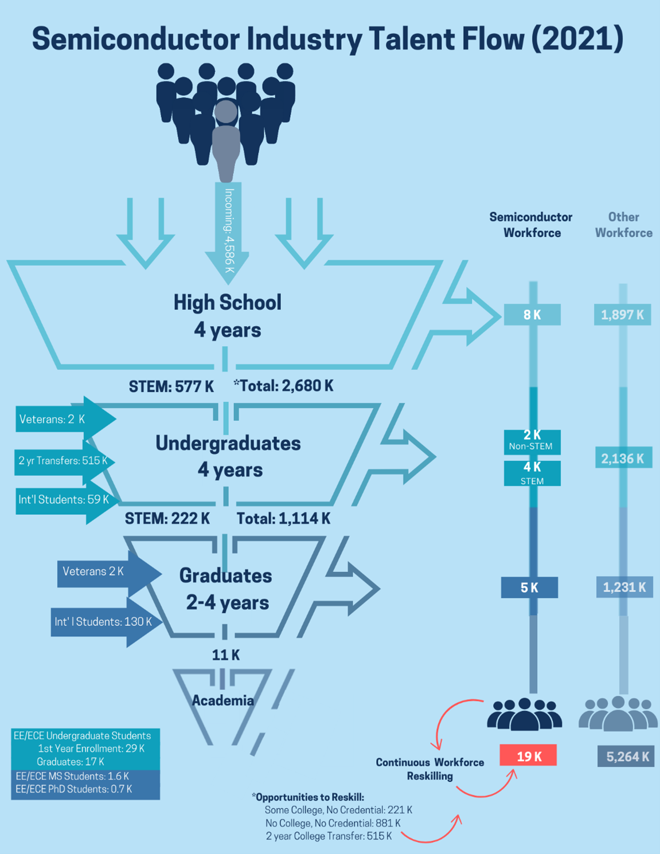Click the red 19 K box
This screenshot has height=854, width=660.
(528, 756)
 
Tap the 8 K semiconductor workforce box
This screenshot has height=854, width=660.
(532, 315)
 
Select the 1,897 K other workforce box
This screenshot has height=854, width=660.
(622, 315)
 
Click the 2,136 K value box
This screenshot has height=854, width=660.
(623, 458)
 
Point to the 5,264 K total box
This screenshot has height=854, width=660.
(626, 757)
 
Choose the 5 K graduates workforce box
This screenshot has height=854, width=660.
(529, 587)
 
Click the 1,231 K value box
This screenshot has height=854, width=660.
(624, 587)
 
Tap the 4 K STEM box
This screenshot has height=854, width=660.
(532, 473)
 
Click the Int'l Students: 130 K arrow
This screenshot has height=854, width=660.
(103, 622)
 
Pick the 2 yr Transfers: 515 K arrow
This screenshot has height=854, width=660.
(63, 461)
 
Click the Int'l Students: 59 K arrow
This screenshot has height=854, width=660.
(64, 500)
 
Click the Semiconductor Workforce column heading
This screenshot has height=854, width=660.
(531, 225)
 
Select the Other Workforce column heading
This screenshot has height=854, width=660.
(623, 225)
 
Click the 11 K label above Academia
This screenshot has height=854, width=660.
(225, 655)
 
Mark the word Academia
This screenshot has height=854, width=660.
(222, 700)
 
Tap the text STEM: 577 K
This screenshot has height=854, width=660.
(171, 386)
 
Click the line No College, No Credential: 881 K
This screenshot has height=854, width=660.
(333, 823)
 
